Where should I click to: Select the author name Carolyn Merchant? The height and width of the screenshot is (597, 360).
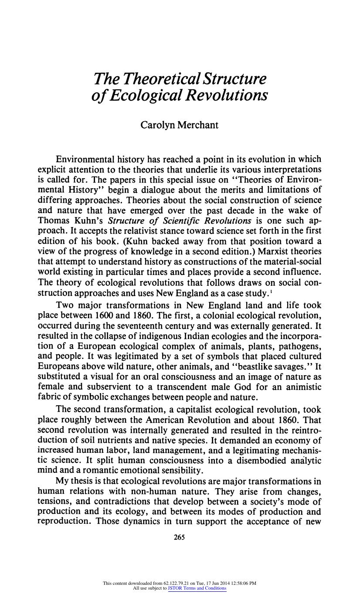(x=179, y=125)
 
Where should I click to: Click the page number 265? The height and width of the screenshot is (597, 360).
(x=180, y=537)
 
